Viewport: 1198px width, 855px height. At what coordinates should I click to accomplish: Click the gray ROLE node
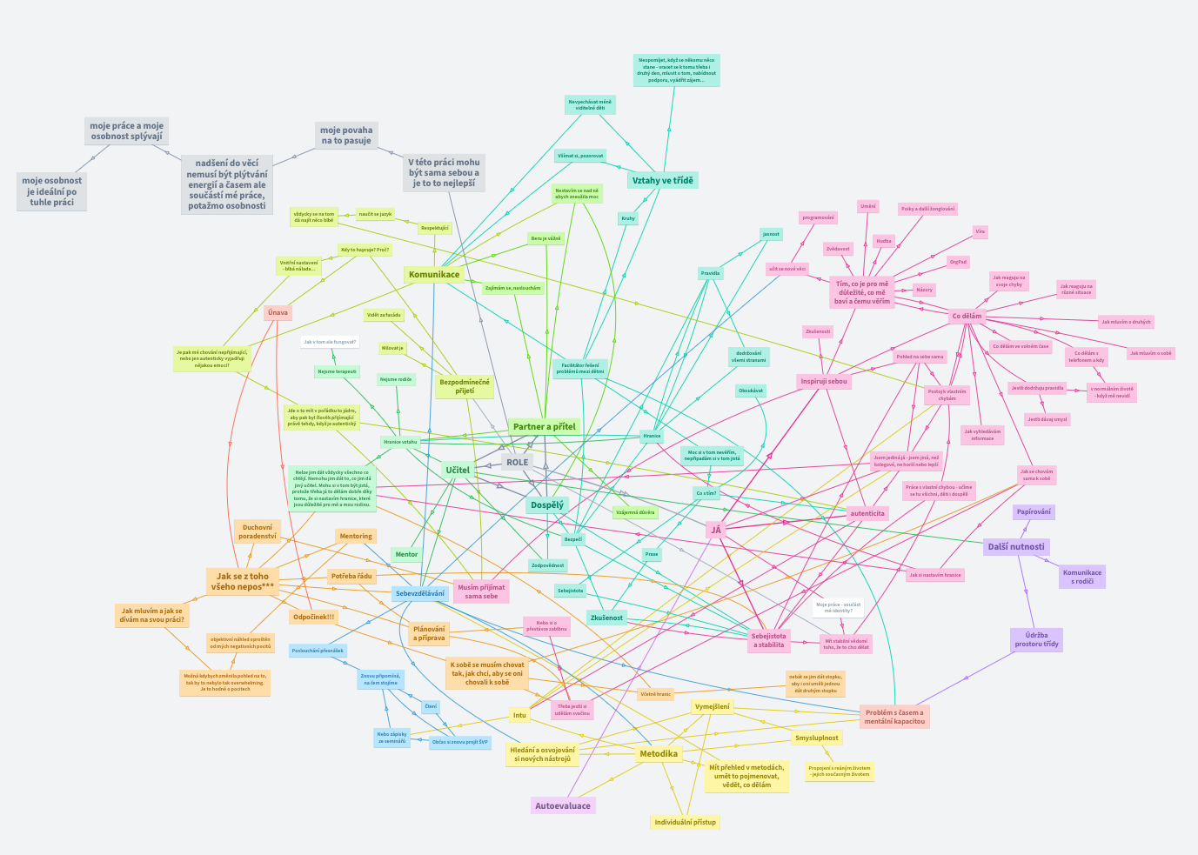[x=517, y=462]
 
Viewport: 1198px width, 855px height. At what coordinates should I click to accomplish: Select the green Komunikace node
[x=433, y=275]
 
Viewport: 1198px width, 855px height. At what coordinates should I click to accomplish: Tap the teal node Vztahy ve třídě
[x=662, y=180]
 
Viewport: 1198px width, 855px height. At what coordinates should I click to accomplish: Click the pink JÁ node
[x=716, y=529]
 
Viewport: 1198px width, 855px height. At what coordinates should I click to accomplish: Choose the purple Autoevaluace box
[x=562, y=805]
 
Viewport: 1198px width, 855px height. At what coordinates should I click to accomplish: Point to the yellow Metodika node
[x=658, y=753]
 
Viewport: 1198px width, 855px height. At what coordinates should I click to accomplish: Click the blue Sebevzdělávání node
[x=420, y=593]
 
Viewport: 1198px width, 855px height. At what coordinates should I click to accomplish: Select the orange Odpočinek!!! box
[x=314, y=617]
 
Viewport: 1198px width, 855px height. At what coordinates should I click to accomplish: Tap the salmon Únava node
[x=278, y=312]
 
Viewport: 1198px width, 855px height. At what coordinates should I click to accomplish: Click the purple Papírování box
[x=1034, y=511]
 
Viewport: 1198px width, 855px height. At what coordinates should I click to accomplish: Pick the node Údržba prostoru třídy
[x=1036, y=639]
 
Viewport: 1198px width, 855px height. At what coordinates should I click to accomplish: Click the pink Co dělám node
[x=967, y=317]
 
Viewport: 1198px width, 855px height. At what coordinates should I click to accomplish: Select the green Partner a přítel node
[x=544, y=426]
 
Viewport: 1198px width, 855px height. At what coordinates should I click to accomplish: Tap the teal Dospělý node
[x=546, y=504]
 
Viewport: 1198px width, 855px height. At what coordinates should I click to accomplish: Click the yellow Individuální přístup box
[x=685, y=821]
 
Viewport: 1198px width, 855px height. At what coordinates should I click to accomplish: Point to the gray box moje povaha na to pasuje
[x=345, y=136]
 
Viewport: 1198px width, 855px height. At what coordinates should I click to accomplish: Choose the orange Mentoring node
[x=355, y=536]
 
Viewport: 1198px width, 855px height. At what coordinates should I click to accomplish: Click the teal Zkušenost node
[x=606, y=618]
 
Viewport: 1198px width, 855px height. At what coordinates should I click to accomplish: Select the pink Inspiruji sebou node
[x=823, y=381]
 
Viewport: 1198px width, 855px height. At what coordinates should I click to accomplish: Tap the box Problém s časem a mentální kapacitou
[x=894, y=717]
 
